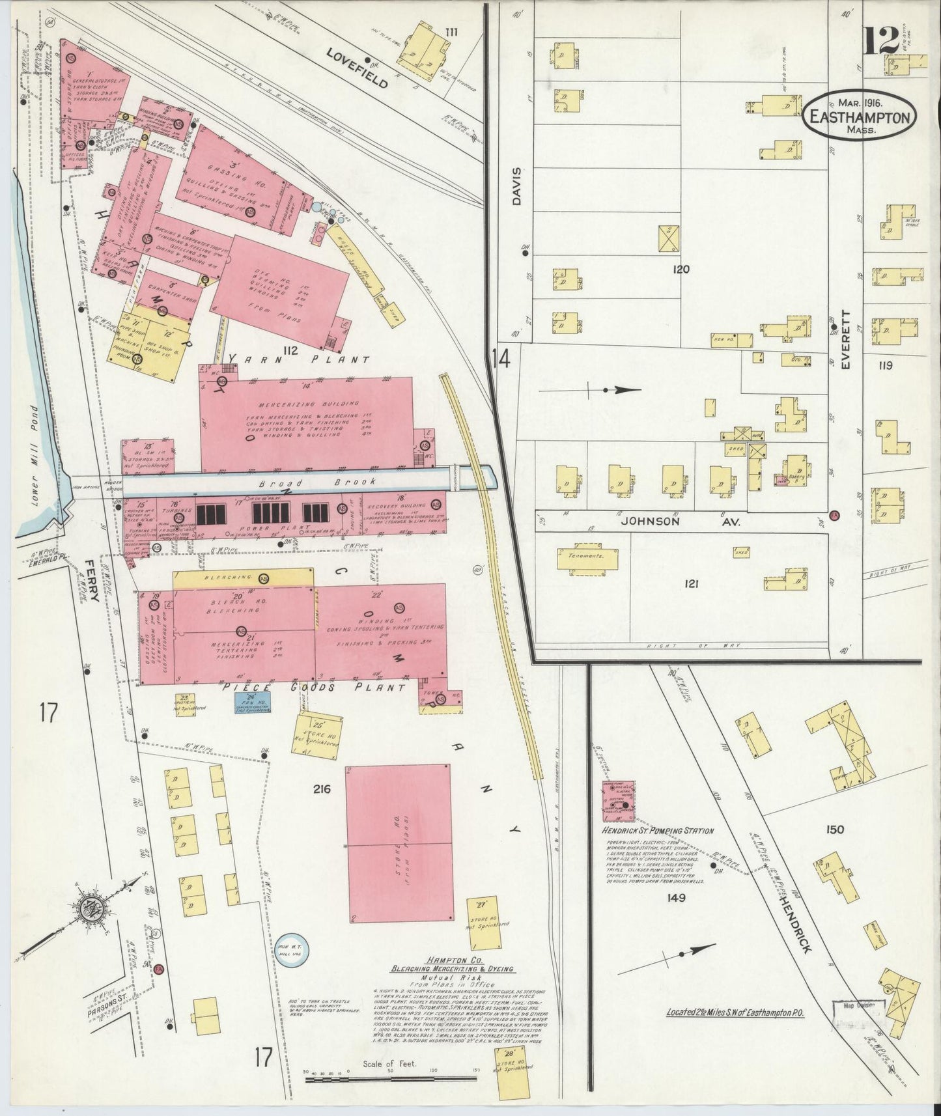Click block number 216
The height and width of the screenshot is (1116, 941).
pos(322,789)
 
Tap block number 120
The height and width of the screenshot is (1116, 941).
pos(681,269)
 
